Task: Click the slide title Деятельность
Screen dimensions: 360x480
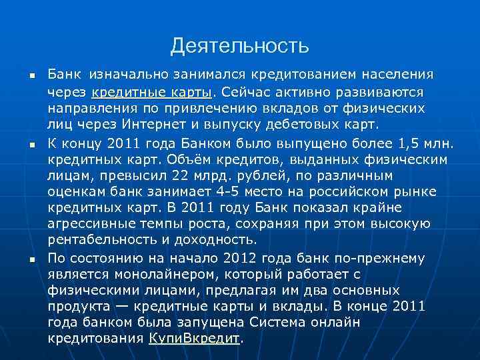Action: point(239,46)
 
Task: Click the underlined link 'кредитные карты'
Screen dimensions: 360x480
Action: point(151,91)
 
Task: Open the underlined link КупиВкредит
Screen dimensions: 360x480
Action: point(193,337)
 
